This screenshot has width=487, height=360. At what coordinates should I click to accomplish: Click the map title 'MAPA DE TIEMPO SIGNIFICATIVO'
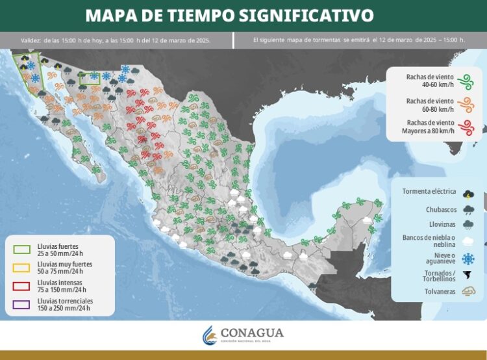[x=229, y=14]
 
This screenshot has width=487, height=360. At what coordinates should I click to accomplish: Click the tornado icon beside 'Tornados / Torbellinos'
[x=468, y=276]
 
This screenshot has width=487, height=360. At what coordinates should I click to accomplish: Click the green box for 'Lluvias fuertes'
[x=22, y=249]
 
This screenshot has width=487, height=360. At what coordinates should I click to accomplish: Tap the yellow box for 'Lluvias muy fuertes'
[x=22, y=267]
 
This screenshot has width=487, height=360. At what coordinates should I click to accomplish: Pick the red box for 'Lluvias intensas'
[x=22, y=285]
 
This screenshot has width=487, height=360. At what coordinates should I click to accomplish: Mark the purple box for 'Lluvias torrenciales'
[x=22, y=303]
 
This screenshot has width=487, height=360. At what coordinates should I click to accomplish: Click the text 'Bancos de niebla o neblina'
[x=429, y=241]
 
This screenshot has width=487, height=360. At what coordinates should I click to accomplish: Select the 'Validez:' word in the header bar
[x=31, y=40]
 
